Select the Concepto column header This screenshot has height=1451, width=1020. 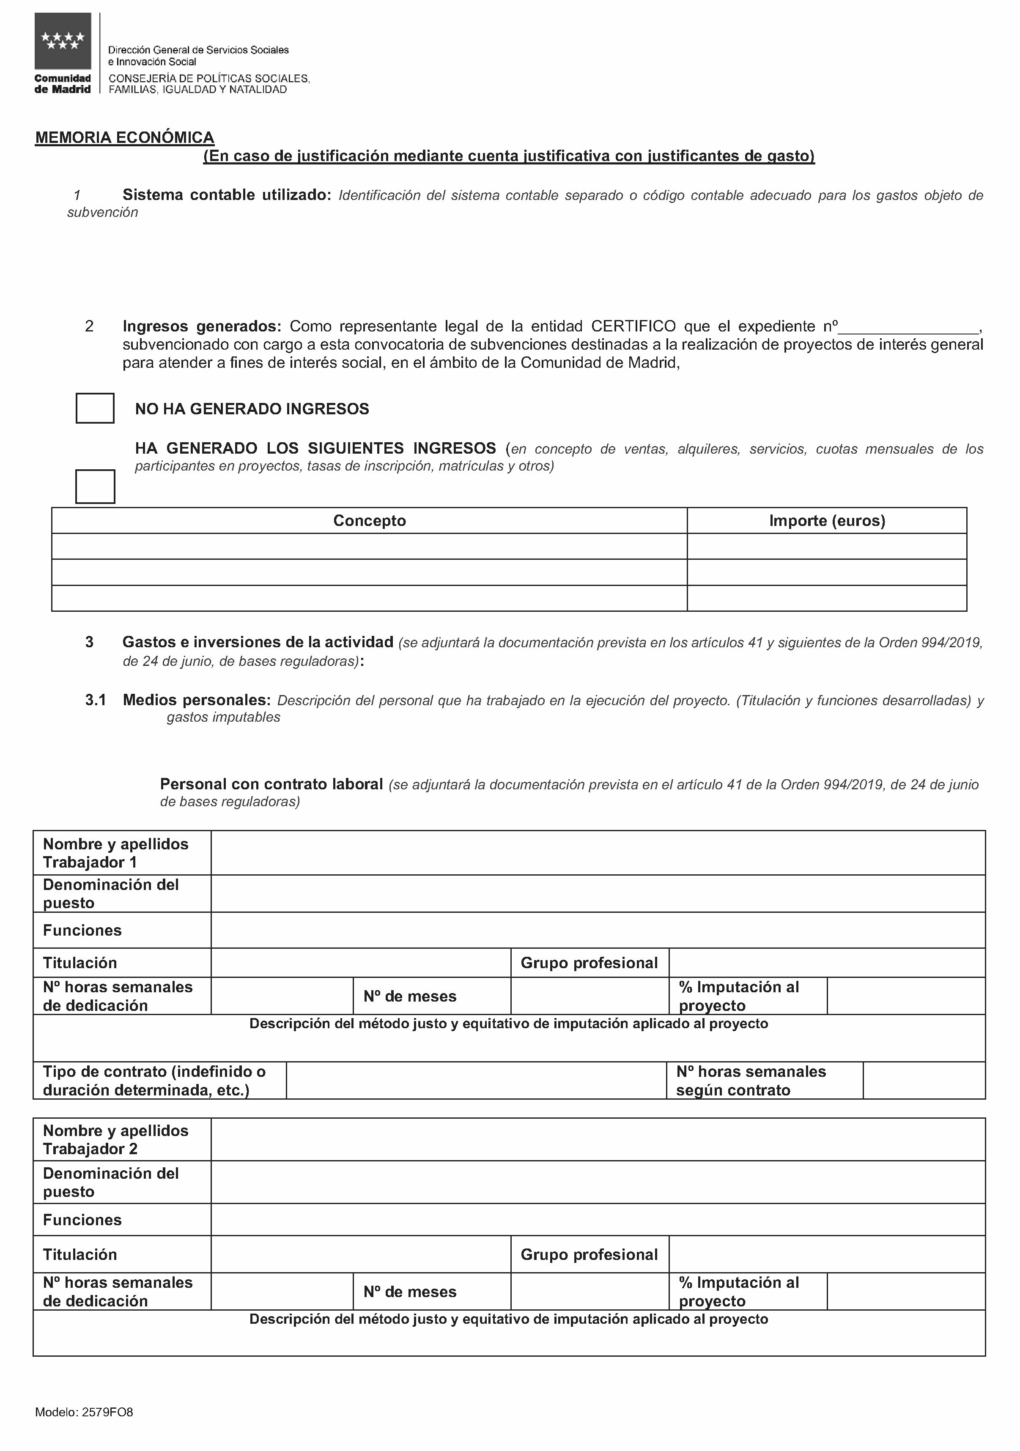[x=369, y=521]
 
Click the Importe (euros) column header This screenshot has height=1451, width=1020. [x=827, y=521]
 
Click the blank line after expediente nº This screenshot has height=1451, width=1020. [x=910, y=327]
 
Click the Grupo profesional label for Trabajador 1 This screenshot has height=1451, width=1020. [x=589, y=963]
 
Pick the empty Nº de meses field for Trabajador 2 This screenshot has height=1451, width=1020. [x=589, y=1291]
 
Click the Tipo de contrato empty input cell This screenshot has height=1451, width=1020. [x=476, y=1081]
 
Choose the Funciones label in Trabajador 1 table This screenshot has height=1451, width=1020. [x=82, y=930]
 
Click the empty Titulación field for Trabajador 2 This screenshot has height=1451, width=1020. [x=360, y=1254]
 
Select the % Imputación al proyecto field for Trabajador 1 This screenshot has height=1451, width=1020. [x=906, y=996]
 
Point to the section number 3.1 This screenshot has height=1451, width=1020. [x=96, y=700]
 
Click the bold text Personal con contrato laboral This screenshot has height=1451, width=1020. [x=271, y=784]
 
